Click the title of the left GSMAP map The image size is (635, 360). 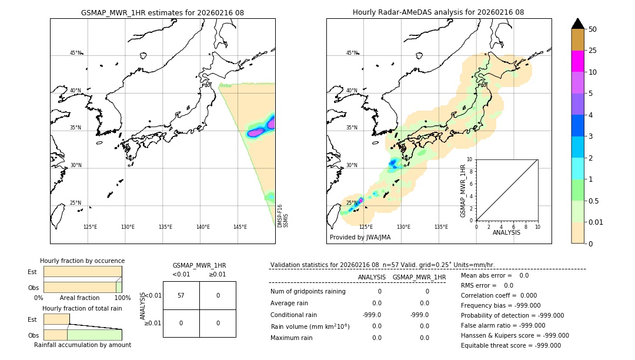[x=162, y=12]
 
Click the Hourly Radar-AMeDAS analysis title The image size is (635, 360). [x=438, y=12]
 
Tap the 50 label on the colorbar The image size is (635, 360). [x=593, y=29]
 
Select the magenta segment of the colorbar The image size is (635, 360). [x=577, y=61]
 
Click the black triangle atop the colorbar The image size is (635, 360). [x=577, y=24]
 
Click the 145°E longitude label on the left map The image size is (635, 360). [x=240, y=227]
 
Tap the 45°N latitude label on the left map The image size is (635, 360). [x=75, y=53]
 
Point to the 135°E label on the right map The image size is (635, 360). [x=441, y=227]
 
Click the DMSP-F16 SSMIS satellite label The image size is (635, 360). [x=283, y=216]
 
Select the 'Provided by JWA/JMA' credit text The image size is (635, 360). [x=360, y=238]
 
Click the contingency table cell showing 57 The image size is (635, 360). [x=181, y=295]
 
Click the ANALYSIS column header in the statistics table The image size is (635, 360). [x=372, y=277]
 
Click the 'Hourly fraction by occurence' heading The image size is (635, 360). [x=82, y=261]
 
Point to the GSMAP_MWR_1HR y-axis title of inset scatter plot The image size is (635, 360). [x=463, y=191]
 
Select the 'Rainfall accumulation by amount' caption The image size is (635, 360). [x=82, y=345]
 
